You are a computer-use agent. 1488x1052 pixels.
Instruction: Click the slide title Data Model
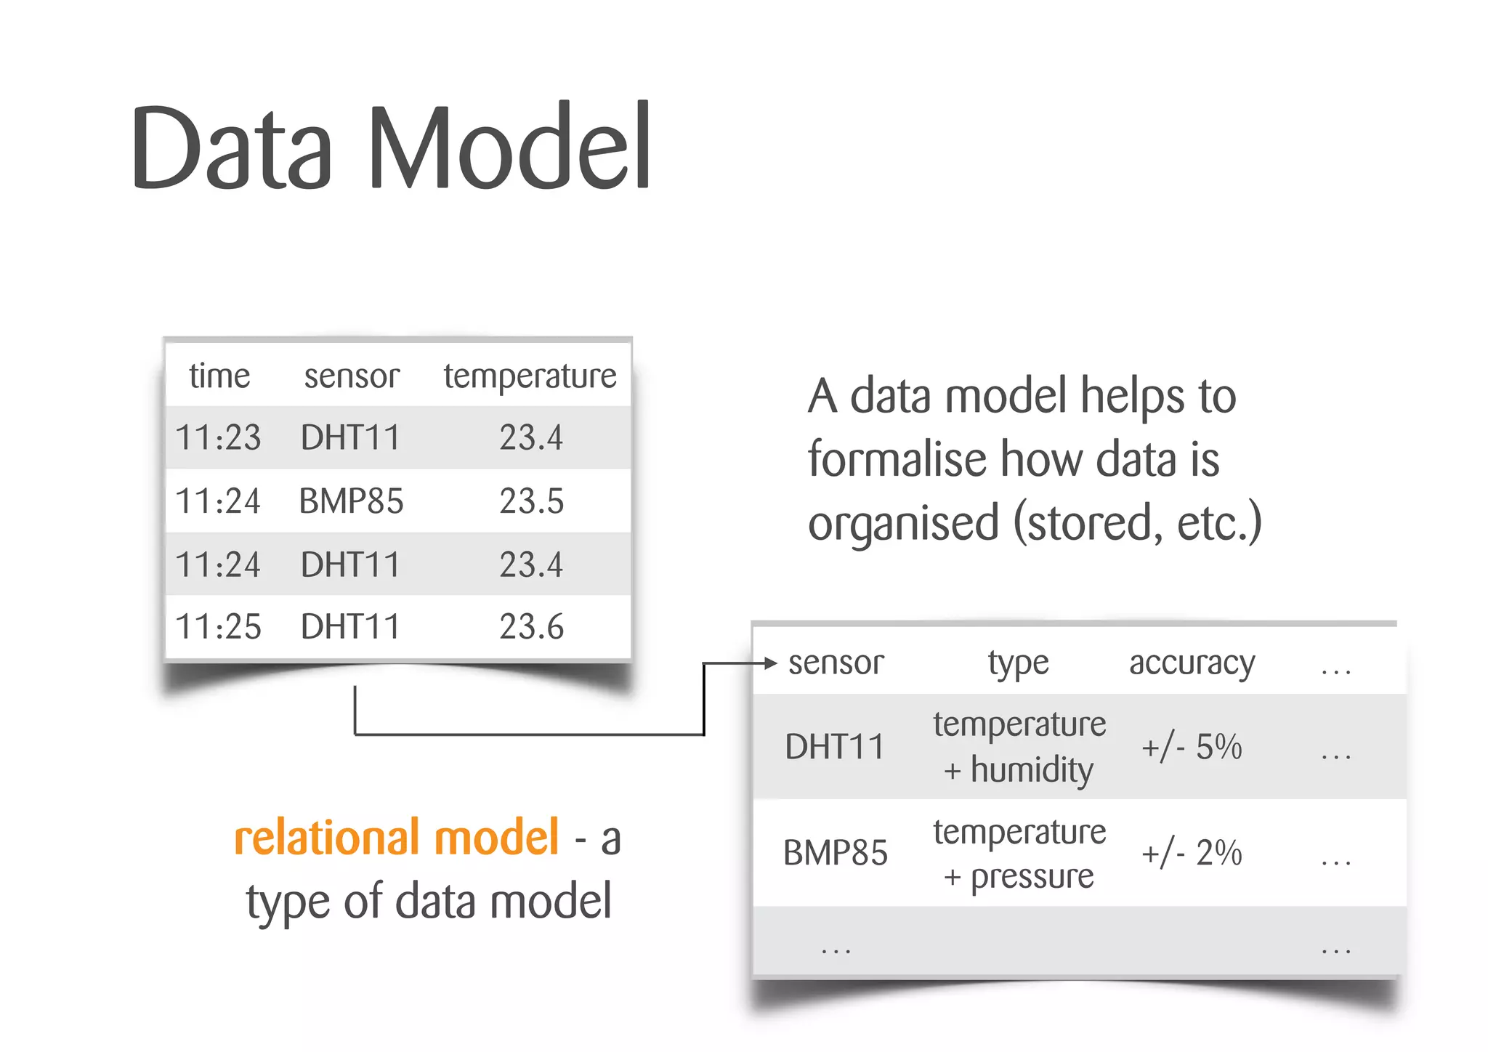pyautogui.click(x=391, y=147)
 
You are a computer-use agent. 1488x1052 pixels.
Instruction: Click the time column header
pyautogui.click(x=219, y=376)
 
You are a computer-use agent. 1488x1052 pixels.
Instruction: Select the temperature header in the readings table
pyautogui.click(x=530, y=376)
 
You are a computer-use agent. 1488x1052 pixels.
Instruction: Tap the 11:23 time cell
pyautogui.click(x=218, y=438)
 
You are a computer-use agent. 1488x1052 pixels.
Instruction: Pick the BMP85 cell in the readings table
pyautogui.click(x=351, y=501)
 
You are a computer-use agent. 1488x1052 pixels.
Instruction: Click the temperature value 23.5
pyautogui.click(x=531, y=501)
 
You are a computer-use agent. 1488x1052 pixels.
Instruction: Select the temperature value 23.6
pyautogui.click(x=531, y=627)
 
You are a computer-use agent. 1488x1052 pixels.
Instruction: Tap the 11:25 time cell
pyautogui.click(x=218, y=627)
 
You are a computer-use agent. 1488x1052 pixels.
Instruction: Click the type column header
pyautogui.click(x=1018, y=663)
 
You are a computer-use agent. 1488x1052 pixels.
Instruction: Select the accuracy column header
pyautogui.click(x=1192, y=663)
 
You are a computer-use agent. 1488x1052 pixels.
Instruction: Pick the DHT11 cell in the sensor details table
pyautogui.click(x=834, y=747)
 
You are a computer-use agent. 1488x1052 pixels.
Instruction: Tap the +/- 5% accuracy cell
pyautogui.click(x=1192, y=747)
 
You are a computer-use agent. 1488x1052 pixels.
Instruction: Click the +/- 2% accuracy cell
pyautogui.click(x=1192, y=853)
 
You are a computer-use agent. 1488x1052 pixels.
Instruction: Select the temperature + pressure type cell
pyautogui.click(x=1019, y=854)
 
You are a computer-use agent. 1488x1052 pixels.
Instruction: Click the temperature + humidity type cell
pyautogui.click(x=1019, y=747)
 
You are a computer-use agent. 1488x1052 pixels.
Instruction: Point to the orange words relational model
pyautogui.click(x=397, y=838)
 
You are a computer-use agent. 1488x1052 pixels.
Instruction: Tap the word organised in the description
pyautogui.click(x=903, y=523)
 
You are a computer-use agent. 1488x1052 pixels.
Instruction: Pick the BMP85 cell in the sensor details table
pyautogui.click(x=835, y=853)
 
